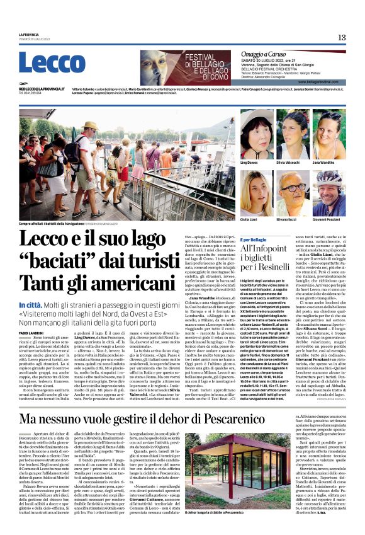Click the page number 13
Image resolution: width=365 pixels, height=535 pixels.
point(342,37)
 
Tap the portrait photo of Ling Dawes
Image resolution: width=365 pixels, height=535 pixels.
point(253,130)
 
